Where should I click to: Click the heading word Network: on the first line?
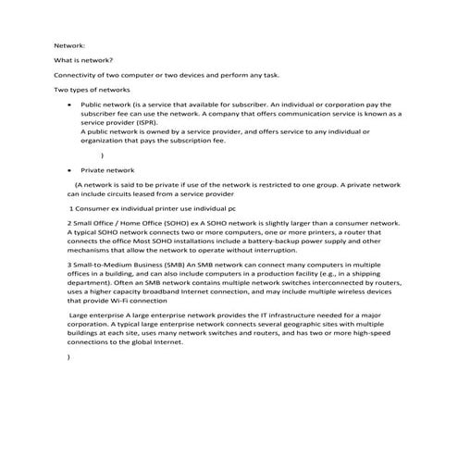point(69,44)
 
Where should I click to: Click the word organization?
point(103,141)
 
